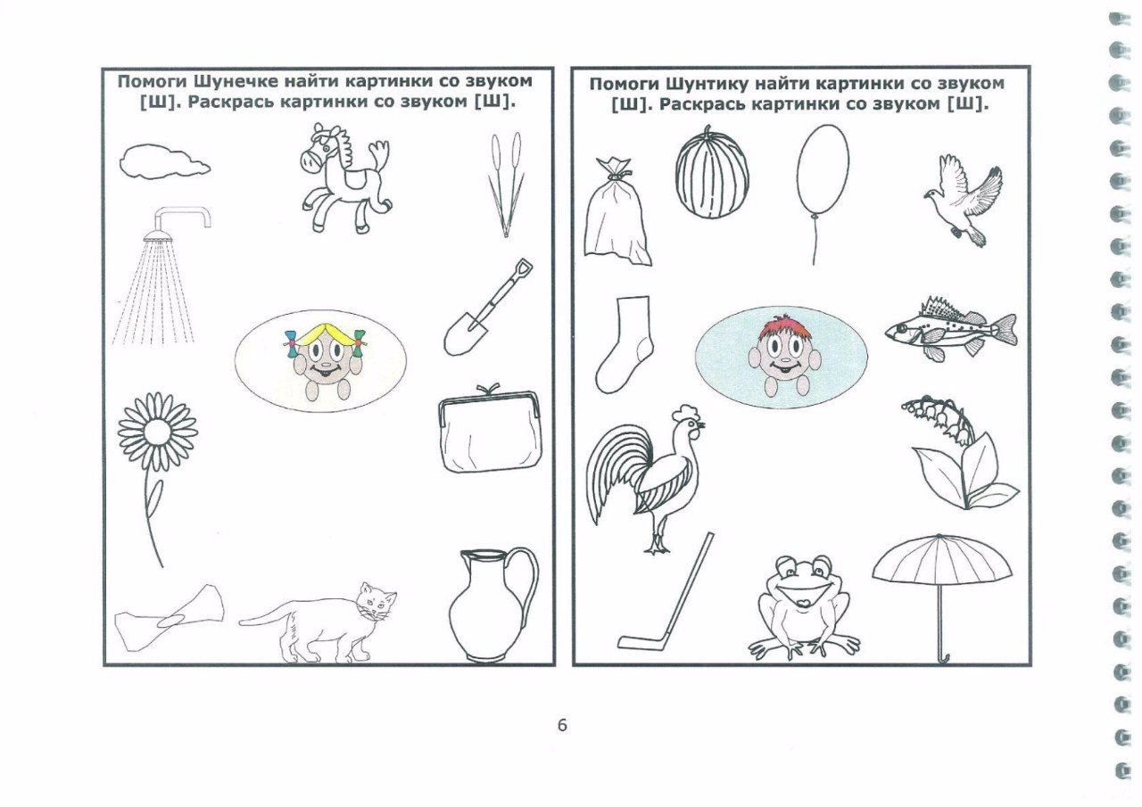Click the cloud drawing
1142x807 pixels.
pyautogui.click(x=164, y=161)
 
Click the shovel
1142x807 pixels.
pyautogui.click(x=487, y=308)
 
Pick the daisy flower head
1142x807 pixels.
pyautogui.click(x=158, y=432)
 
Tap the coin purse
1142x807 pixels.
pyautogui.click(x=490, y=429)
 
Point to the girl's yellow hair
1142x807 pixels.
pyautogui.click(x=323, y=334)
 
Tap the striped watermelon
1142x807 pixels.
pyautogui.click(x=712, y=172)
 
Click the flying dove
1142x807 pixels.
pyautogui.click(x=964, y=201)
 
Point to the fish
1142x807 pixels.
pyautogui.click(x=951, y=329)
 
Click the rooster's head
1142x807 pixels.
pyautogui.click(x=690, y=423)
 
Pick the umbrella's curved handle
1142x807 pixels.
pyautogui.click(x=944, y=659)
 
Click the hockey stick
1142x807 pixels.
pyautogui.click(x=666, y=592)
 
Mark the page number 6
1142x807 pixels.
pyautogui.click(x=562, y=725)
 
